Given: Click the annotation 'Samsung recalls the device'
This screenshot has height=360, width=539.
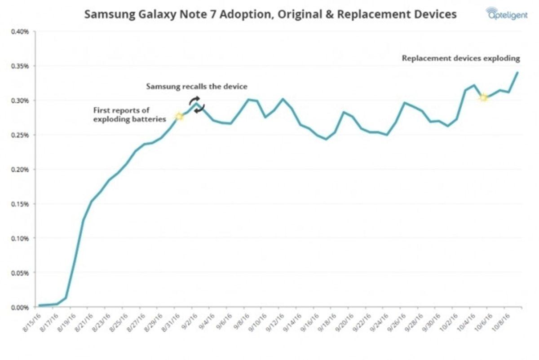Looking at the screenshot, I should (x=196, y=86).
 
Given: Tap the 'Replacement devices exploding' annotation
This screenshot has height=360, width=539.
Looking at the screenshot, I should (x=461, y=58).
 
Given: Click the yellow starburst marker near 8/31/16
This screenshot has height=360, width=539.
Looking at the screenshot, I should (x=179, y=117).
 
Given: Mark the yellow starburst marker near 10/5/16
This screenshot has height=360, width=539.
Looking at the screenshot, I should (x=483, y=97).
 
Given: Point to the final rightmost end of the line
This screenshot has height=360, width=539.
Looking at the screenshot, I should (x=518, y=72).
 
